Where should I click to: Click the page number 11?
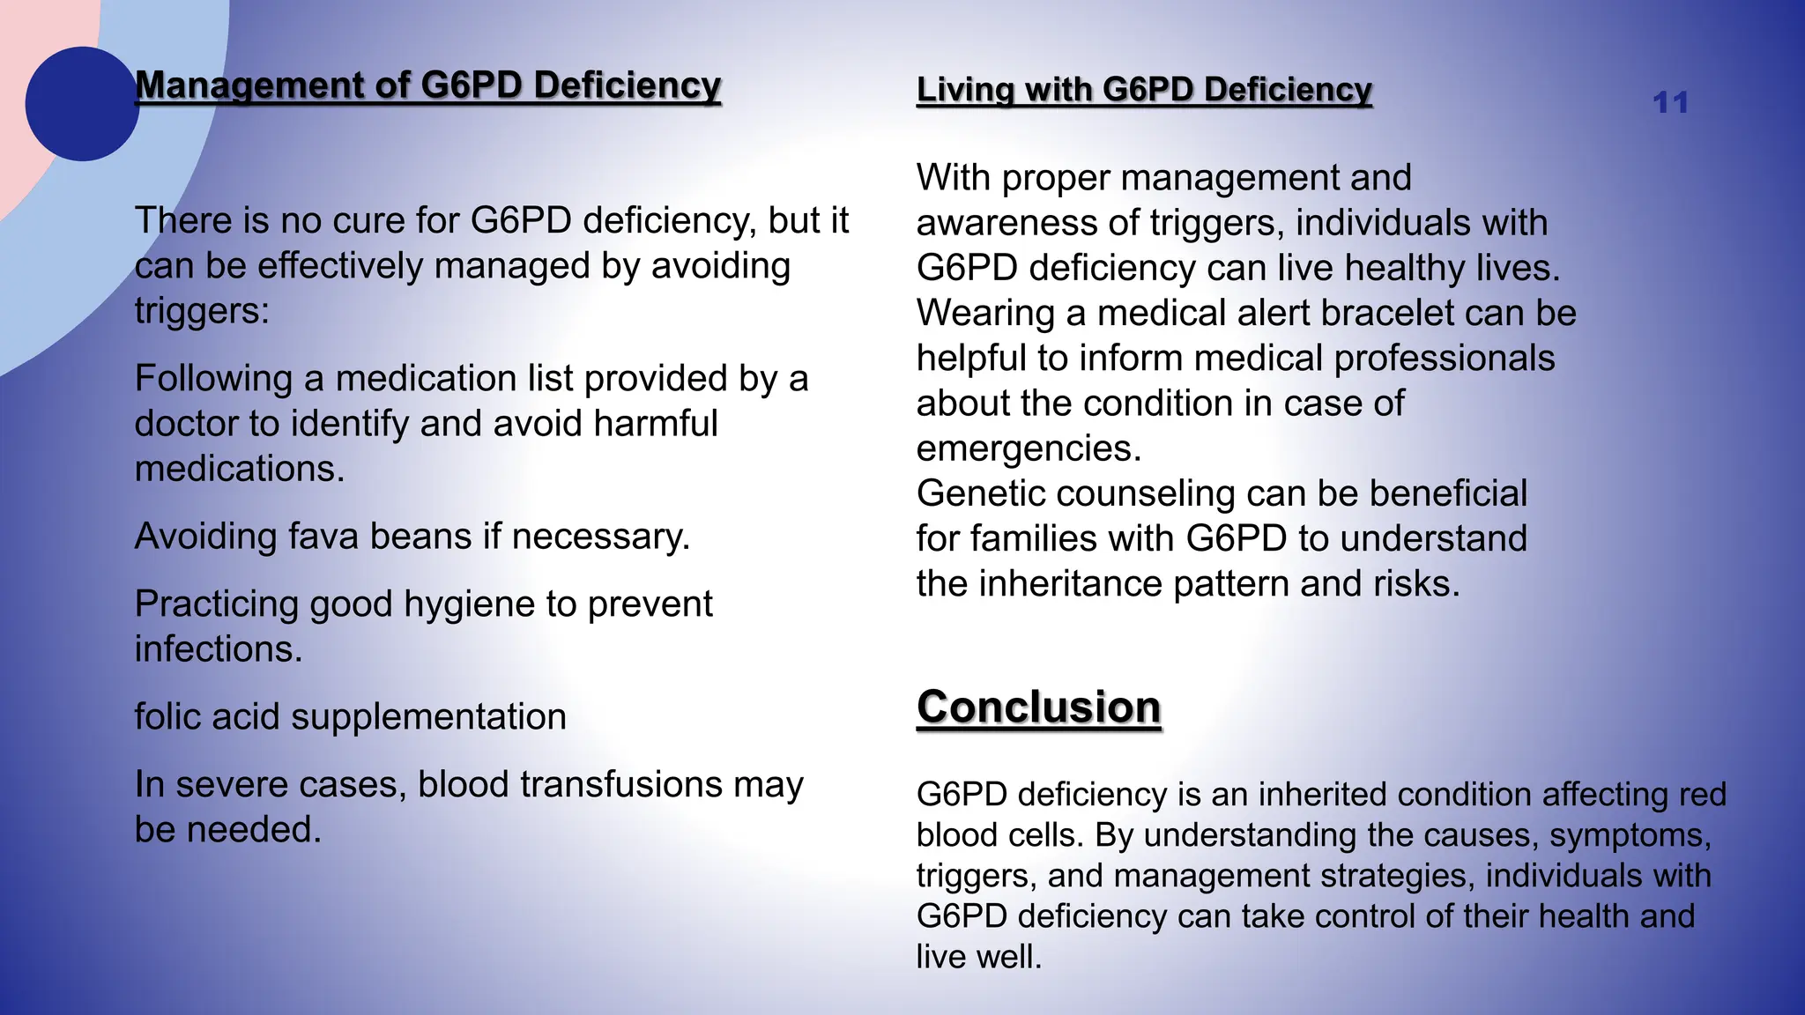[1670, 103]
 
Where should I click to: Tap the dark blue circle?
[82, 104]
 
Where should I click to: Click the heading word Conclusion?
[1038, 708]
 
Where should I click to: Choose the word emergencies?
[1028, 448]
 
